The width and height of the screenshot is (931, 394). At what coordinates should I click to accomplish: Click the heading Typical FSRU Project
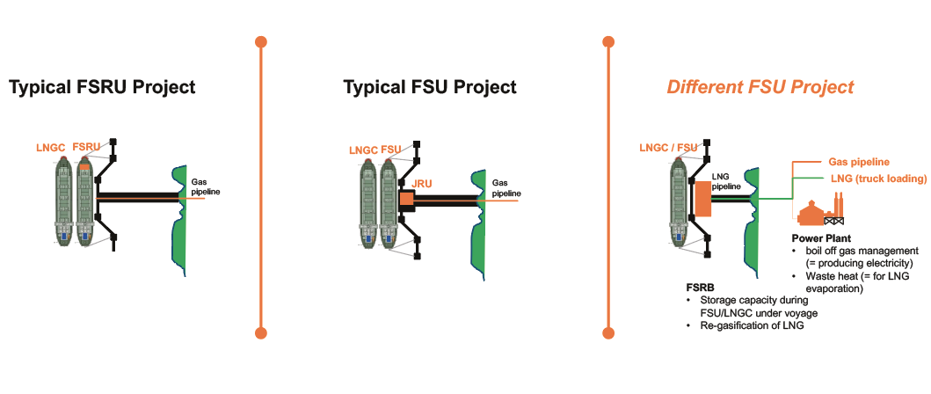(x=102, y=87)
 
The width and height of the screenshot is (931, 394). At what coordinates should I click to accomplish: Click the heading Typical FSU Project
(x=430, y=87)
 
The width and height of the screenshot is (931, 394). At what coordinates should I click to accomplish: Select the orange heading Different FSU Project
(x=760, y=87)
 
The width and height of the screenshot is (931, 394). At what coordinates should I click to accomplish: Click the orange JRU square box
(x=406, y=201)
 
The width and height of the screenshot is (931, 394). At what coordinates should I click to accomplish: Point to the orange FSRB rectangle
(x=702, y=199)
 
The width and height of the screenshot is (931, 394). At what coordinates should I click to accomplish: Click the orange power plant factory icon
(x=820, y=211)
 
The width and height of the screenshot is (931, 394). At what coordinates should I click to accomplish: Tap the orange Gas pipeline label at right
(x=859, y=162)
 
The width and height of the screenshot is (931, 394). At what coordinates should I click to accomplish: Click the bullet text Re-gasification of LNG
(x=753, y=325)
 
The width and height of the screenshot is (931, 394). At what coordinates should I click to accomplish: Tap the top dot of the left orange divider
(x=260, y=41)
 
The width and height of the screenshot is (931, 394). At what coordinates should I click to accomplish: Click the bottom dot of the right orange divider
(x=607, y=332)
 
